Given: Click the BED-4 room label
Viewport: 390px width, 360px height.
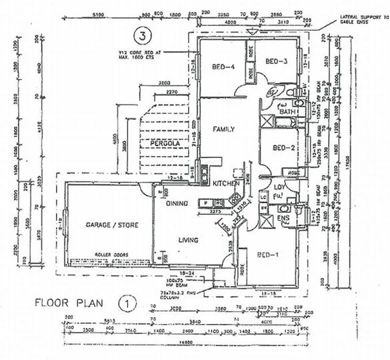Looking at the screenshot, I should point(222,66).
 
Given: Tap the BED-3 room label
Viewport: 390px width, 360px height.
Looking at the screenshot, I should point(275,61).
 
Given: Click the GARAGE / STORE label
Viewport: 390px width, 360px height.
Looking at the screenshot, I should point(112,225).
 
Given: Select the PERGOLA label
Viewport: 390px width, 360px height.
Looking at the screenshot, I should point(157,143).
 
